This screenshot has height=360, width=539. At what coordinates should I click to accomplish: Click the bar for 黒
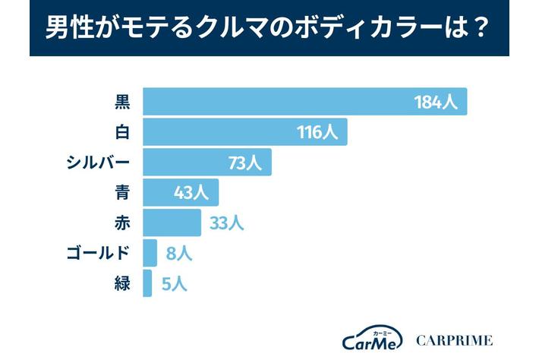click(304, 102)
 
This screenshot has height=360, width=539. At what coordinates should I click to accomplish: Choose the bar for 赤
click(172, 223)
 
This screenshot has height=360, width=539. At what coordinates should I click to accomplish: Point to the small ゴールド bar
click(150, 253)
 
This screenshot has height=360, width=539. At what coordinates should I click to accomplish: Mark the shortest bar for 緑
click(147, 283)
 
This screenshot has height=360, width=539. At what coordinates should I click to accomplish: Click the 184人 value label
click(436, 102)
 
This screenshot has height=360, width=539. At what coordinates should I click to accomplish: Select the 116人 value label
click(317, 132)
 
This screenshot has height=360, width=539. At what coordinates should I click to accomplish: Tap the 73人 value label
click(244, 163)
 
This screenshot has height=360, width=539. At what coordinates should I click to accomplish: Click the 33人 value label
click(225, 223)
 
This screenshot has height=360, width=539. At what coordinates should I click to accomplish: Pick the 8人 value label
click(179, 253)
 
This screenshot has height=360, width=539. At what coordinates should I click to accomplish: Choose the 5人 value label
click(174, 283)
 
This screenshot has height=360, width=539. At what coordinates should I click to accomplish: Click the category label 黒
click(121, 102)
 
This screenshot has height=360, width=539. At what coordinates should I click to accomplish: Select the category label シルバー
click(99, 163)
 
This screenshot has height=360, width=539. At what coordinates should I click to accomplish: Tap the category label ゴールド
click(99, 253)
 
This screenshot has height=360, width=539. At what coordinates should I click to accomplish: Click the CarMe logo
click(371, 339)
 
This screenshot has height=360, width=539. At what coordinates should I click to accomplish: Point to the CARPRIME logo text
click(454, 339)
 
